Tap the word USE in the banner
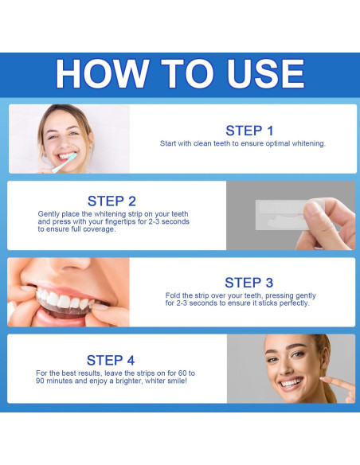click(266, 73)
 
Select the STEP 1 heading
click(249, 131)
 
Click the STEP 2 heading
click(112, 201)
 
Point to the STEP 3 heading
click(248, 283)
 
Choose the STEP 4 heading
click(111, 361)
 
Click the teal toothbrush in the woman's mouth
click(65, 162)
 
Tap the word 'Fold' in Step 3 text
click(171, 295)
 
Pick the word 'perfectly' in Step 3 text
click(294, 303)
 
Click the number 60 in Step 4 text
click(182, 373)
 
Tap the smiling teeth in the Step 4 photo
click(292, 382)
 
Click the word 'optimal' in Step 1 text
click(278, 143)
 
